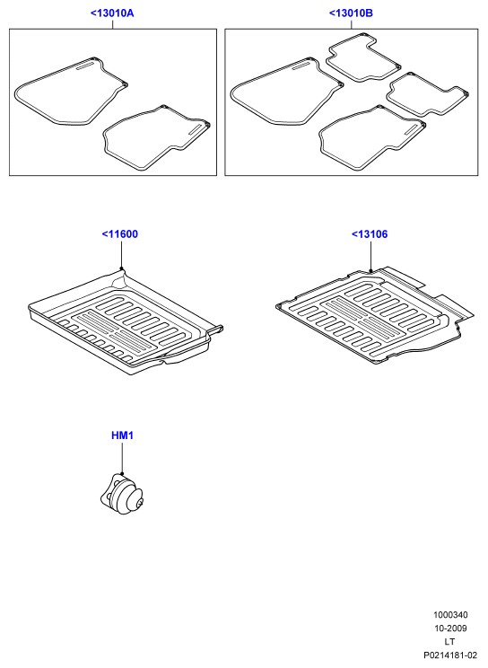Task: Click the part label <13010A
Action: [112, 13]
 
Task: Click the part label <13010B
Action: [351, 13]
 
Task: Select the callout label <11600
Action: [119, 233]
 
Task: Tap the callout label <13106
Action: [370, 233]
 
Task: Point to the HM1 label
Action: [122, 435]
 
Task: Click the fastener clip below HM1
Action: [122, 494]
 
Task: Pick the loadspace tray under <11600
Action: [126, 321]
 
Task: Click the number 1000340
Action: [450, 615]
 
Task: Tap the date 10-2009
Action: [450, 628]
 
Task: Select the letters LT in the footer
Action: [449, 641]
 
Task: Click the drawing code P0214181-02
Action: [449, 655]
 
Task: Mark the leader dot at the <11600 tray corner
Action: [121, 268]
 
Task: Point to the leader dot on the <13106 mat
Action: [370, 270]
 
